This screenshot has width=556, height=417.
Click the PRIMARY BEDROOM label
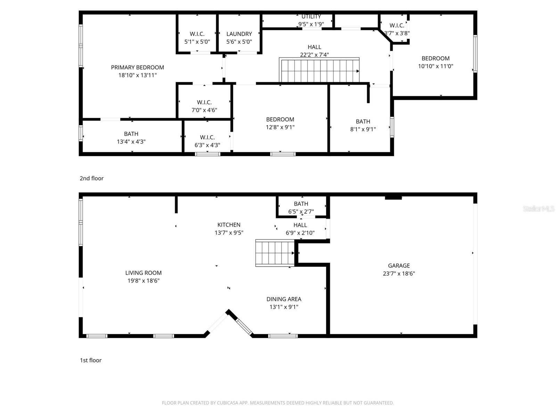coord(137,67)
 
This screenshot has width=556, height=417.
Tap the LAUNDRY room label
coord(239,34)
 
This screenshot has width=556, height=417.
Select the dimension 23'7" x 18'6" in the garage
coord(399,273)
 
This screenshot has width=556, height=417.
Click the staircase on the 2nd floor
coord(319,71)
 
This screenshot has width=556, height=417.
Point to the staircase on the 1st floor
coord(275,253)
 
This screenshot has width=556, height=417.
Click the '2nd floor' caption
coord(92,178)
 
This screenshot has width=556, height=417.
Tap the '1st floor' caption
coord(91,360)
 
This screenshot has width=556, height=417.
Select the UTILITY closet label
coord(311,17)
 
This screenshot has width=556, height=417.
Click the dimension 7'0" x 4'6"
coord(204,110)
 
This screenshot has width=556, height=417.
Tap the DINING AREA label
coord(284,299)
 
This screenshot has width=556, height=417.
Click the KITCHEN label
coord(229,225)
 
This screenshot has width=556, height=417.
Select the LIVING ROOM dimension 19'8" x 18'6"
coord(143,281)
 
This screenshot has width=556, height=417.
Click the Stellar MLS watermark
coord(538,208)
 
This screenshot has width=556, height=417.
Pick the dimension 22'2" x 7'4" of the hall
coord(314,55)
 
